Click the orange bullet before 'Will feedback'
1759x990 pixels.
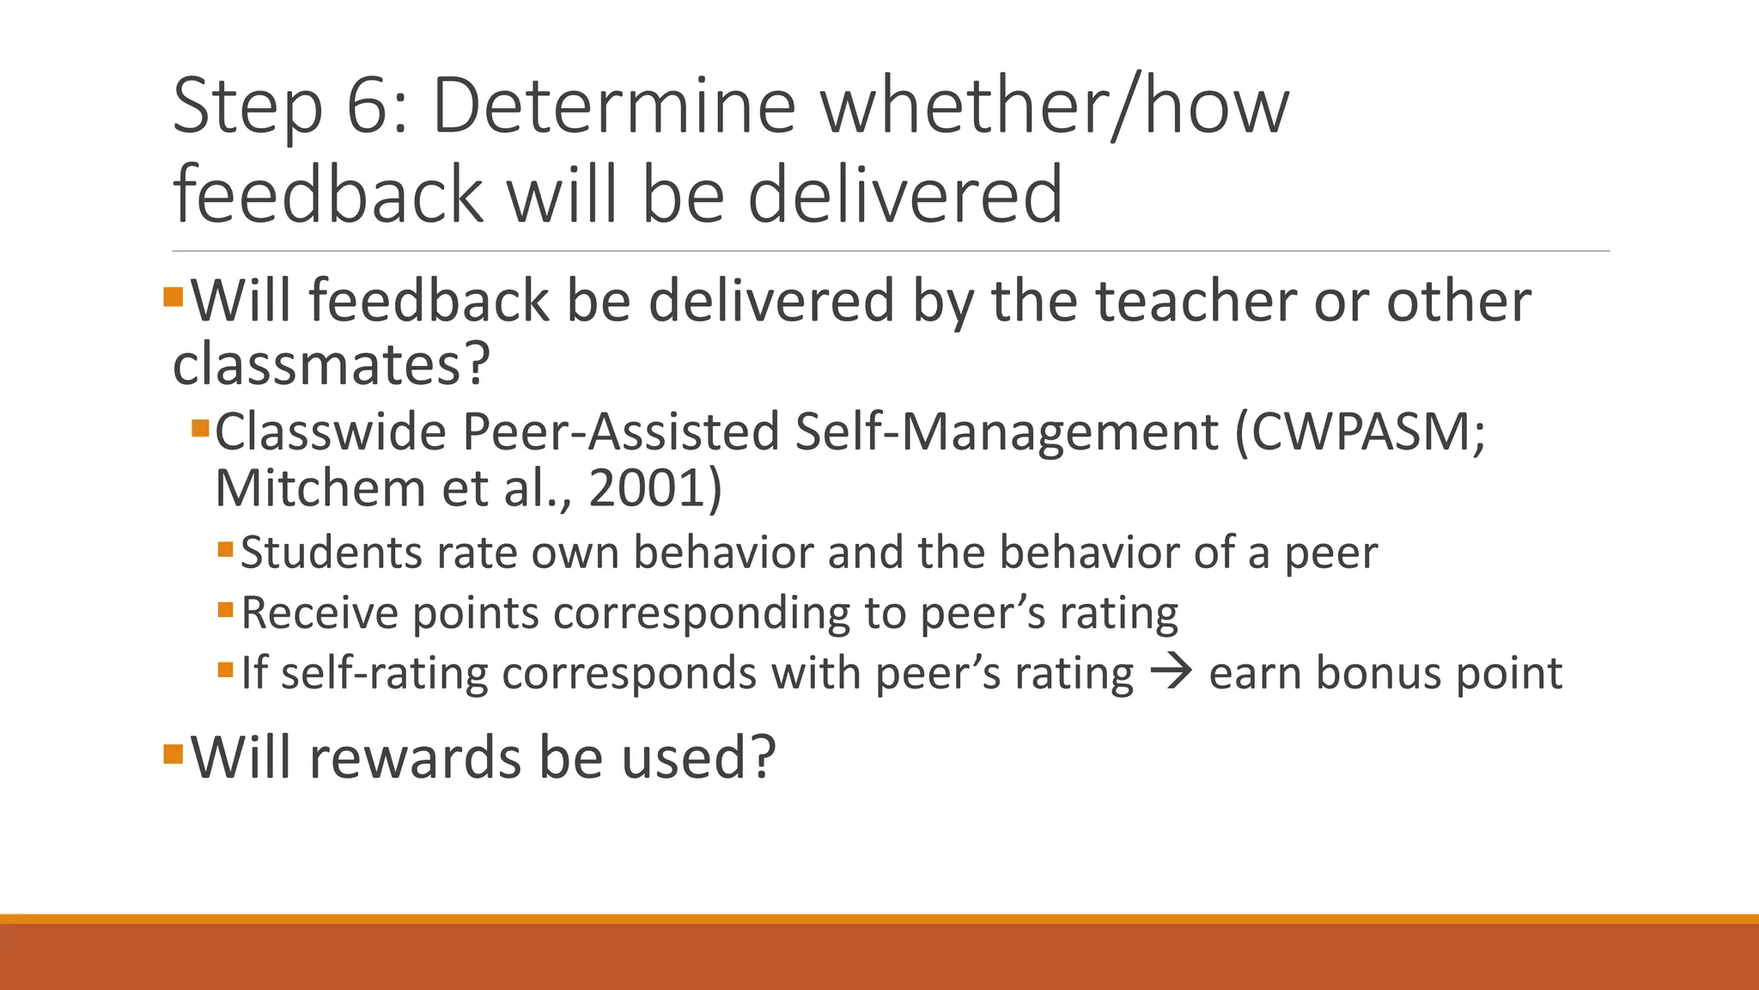pos(173,297)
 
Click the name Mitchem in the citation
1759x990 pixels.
pos(320,488)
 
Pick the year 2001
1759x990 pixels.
pos(648,488)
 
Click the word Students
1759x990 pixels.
pos(331,552)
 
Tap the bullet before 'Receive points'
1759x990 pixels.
pos(226,610)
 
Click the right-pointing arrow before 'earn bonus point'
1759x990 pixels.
pos(1171,672)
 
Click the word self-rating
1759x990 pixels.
pos(385,672)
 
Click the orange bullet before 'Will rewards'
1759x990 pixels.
pos(173,755)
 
